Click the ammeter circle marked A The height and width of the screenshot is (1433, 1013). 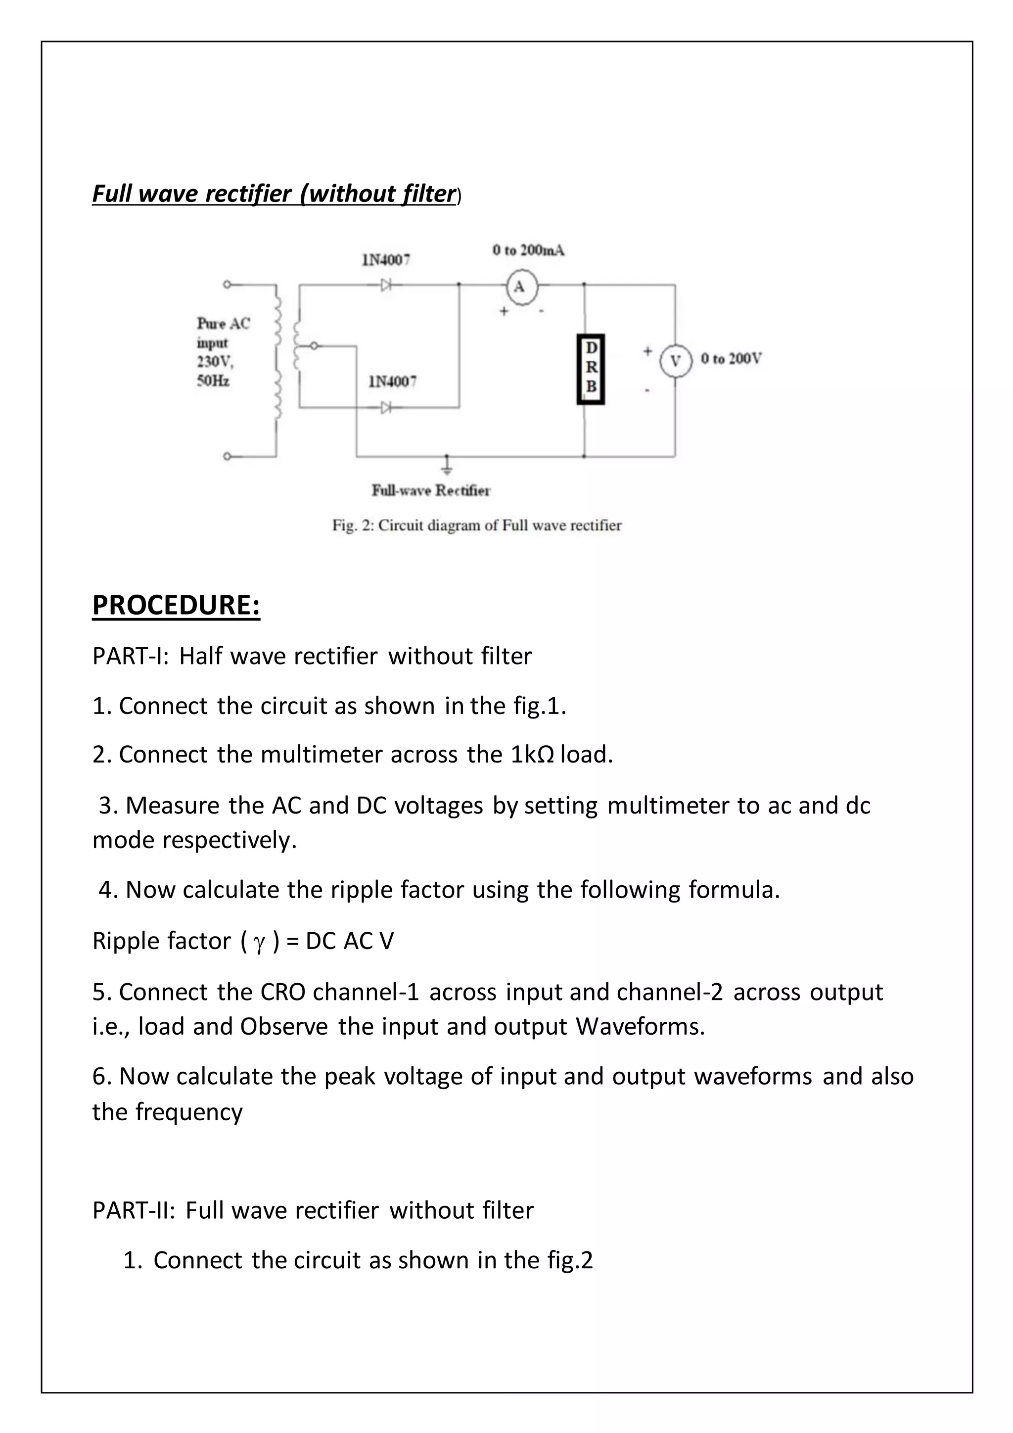tap(519, 287)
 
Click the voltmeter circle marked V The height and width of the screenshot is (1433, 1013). tap(675, 361)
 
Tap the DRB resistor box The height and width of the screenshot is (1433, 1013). tap(591, 368)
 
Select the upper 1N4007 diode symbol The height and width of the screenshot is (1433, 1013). tap(387, 285)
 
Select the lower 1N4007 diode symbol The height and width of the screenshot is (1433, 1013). tap(387, 408)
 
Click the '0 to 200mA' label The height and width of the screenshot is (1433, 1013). tap(528, 250)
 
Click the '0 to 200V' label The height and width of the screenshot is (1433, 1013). tap(731, 359)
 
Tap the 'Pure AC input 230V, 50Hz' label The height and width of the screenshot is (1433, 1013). tap(223, 352)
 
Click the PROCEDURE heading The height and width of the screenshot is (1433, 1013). tap(176, 605)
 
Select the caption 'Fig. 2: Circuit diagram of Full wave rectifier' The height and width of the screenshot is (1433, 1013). tap(476, 525)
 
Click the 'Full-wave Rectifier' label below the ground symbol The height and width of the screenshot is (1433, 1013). tap(431, 490)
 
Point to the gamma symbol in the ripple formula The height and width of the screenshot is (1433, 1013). tap(260, 942)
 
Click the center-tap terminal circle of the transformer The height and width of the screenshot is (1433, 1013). tap(315, 346)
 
